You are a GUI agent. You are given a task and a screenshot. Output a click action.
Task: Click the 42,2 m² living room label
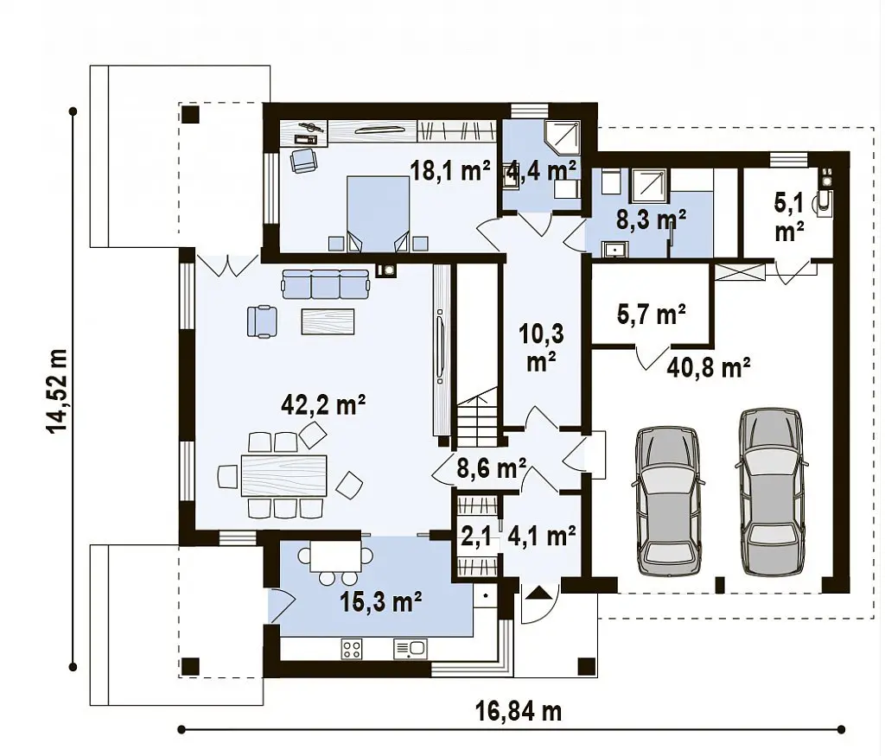coord(323,405)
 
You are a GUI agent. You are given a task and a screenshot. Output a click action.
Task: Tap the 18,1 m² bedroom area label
coord(449,170)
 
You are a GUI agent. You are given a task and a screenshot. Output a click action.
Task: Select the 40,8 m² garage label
coord(709,368)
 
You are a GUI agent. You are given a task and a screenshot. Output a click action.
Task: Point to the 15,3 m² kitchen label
coord(381,602)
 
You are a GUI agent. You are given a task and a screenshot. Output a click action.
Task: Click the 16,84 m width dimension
coord(519,712)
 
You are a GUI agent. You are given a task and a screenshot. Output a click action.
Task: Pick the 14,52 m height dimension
coord(58,391)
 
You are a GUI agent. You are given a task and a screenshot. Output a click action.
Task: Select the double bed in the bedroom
coord(378,213)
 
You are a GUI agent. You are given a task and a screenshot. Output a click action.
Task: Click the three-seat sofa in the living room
coord(325,283)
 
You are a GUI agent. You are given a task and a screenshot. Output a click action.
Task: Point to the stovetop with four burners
coord(352,649)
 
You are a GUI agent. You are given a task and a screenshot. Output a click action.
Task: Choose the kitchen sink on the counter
coord(410,649)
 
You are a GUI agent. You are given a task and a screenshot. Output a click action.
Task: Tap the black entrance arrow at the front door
coord(539,593)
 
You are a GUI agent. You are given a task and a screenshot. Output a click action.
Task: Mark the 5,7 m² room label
coord(652,314)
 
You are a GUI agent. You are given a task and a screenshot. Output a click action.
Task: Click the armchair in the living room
coord(262,321)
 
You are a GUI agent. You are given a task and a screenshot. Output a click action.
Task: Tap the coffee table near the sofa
coord(328,321)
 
